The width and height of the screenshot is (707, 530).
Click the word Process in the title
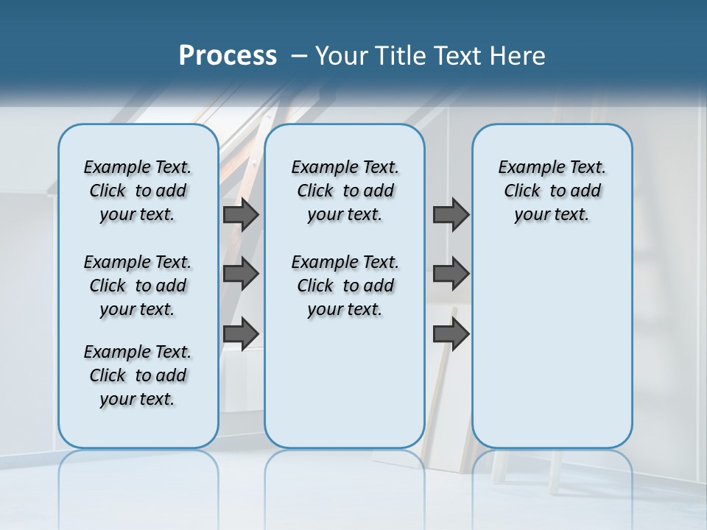(228, 56)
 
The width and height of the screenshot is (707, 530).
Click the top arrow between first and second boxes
(241, 214)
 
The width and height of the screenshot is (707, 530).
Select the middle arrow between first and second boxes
(241, 274)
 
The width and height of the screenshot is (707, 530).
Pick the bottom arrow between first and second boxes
(241, 333)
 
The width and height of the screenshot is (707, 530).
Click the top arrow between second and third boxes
(451, 214)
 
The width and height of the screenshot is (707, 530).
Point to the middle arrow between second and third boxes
(451, 274)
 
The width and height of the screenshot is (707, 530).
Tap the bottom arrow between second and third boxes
(451, 333)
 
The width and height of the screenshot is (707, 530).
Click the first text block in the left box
(138, 191)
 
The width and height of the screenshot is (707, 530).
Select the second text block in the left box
(138, 286)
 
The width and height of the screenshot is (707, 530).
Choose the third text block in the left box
(138, 375)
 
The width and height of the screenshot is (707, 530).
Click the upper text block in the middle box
(345, 191)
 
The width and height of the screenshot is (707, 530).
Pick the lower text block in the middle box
(345, 286)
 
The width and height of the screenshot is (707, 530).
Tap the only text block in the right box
(552, 191)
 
